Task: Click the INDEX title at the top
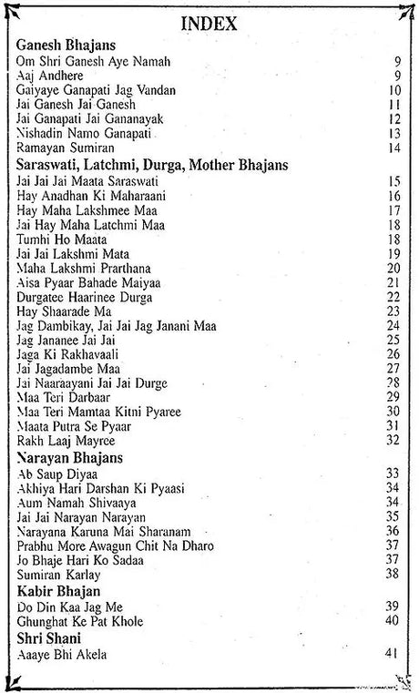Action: pos(209,24)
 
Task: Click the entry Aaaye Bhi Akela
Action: pos(57,654)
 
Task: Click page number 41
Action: pos(393,654)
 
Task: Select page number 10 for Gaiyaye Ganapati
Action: pos(393,90)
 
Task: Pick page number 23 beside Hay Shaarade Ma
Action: pos(393,311)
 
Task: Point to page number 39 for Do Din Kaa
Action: pos(393,606)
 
